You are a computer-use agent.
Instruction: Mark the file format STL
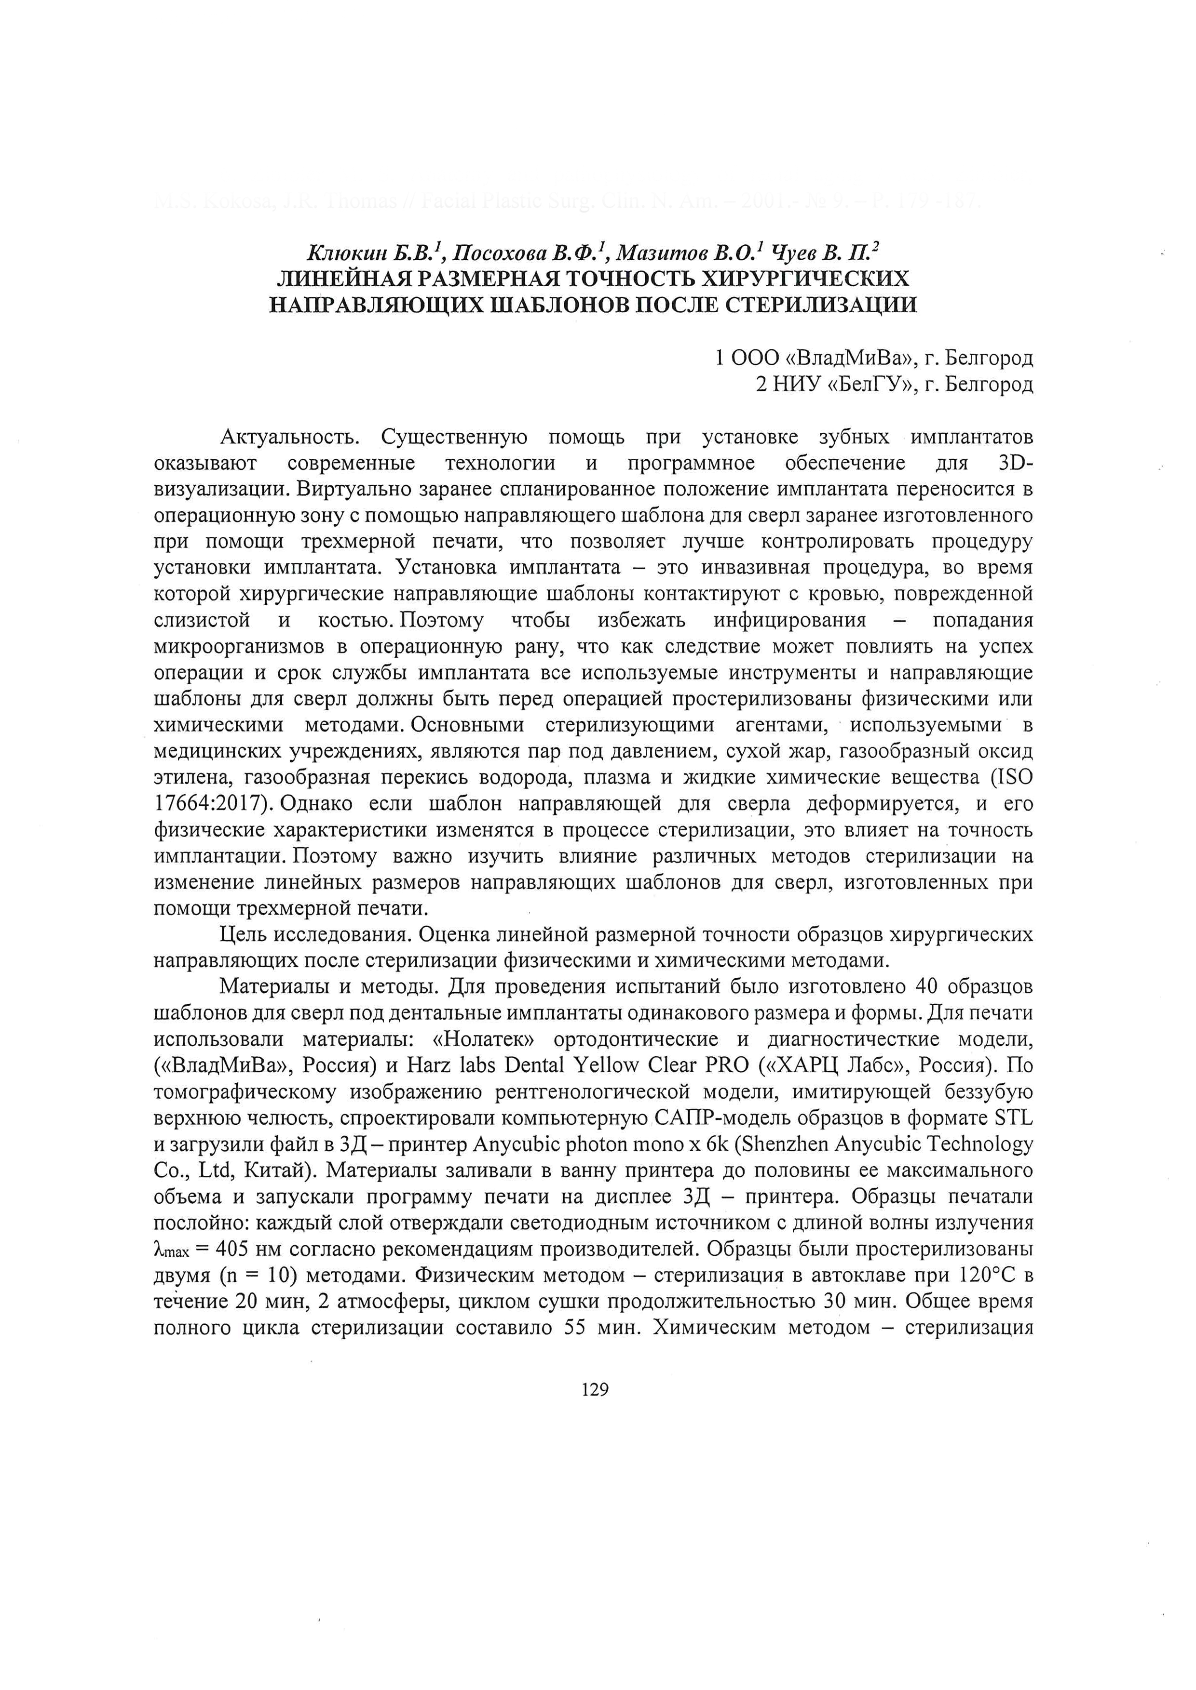click(1014, 1118)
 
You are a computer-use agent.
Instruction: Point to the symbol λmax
click(171, 1250)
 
